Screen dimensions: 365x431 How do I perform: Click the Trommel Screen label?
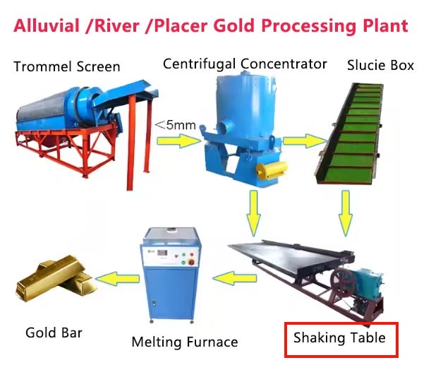(x=66, y=67)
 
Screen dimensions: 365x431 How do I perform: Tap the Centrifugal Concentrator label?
(x=245, y=64)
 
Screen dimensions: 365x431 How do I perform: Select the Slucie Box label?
(x=381, y=66)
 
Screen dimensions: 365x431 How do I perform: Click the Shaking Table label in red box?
(x=339, y=337)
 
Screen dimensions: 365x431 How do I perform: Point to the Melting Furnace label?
(x=185, y=342)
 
